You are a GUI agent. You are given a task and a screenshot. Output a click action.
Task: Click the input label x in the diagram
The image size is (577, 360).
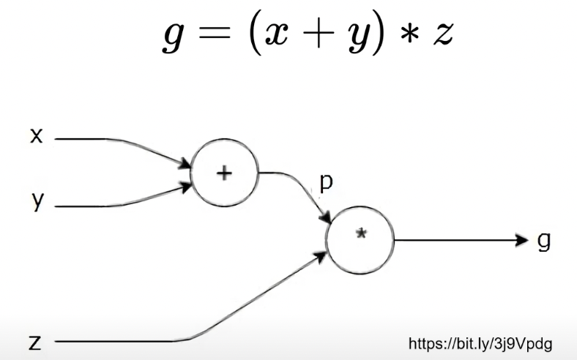tap(36, 135)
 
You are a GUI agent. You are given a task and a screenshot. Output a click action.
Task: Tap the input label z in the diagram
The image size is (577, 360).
tap(34, 342)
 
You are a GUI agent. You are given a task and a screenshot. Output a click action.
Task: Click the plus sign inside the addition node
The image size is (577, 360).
tap(224, 173)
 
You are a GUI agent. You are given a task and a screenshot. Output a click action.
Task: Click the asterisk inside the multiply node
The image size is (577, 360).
tap(360, 233)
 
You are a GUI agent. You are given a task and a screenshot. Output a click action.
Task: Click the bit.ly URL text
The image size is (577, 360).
tap(480, 343)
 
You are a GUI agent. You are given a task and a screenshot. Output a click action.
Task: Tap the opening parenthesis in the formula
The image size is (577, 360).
tap(251, 34)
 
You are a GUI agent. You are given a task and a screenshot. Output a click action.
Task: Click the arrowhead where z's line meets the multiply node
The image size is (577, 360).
tap(321, 258)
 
